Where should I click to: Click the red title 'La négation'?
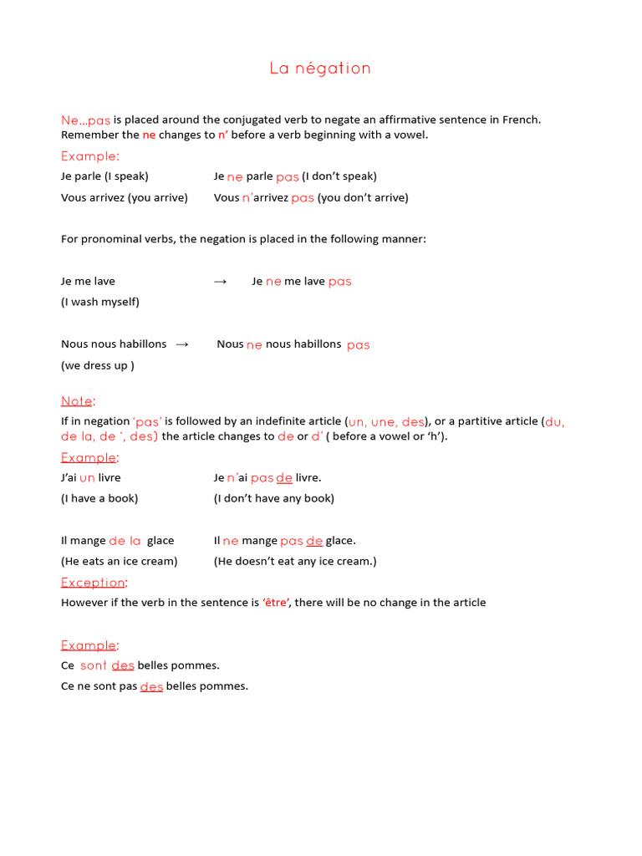pyautogui.click(x=320, y=69)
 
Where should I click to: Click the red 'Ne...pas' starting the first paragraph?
pyautogui.click(x=85, y=120)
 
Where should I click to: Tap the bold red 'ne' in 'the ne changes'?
pyautogui.click(x=149, y=135)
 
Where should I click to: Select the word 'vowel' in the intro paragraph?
pyautogui.click(x=410, y=135)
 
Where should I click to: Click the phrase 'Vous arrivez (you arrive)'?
pyautogui.click(x=125, y=198)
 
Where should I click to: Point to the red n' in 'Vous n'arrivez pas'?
pyautogui.click(x=247, y=198)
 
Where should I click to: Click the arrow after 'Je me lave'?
pyautogui.click(x=221, y=282)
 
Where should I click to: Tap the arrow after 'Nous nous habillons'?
pyautogui.click(x=182, y=344)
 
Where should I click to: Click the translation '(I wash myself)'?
pyautogui.click(x=100, y=302)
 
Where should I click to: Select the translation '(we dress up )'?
pyautogui.click(x=98, y=365)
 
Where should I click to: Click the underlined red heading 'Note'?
pyautogui.click(x=76, y=401)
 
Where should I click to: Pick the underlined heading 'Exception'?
pyautogui.click(x=93, y=583)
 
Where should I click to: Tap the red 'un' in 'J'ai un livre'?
pyautogui.click(x=87, y=478)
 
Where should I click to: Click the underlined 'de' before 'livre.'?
pyautogui.click(x=284, y=478)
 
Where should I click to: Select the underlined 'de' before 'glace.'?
pyautogui.click(x=314, y=541)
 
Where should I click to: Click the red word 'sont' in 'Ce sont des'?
pyautogui.click(x=94, y=666)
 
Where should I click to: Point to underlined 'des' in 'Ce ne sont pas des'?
pyautogui.click(x=151, y=687)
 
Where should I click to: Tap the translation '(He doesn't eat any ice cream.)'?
pyautogui.click(x=295, y=562)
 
